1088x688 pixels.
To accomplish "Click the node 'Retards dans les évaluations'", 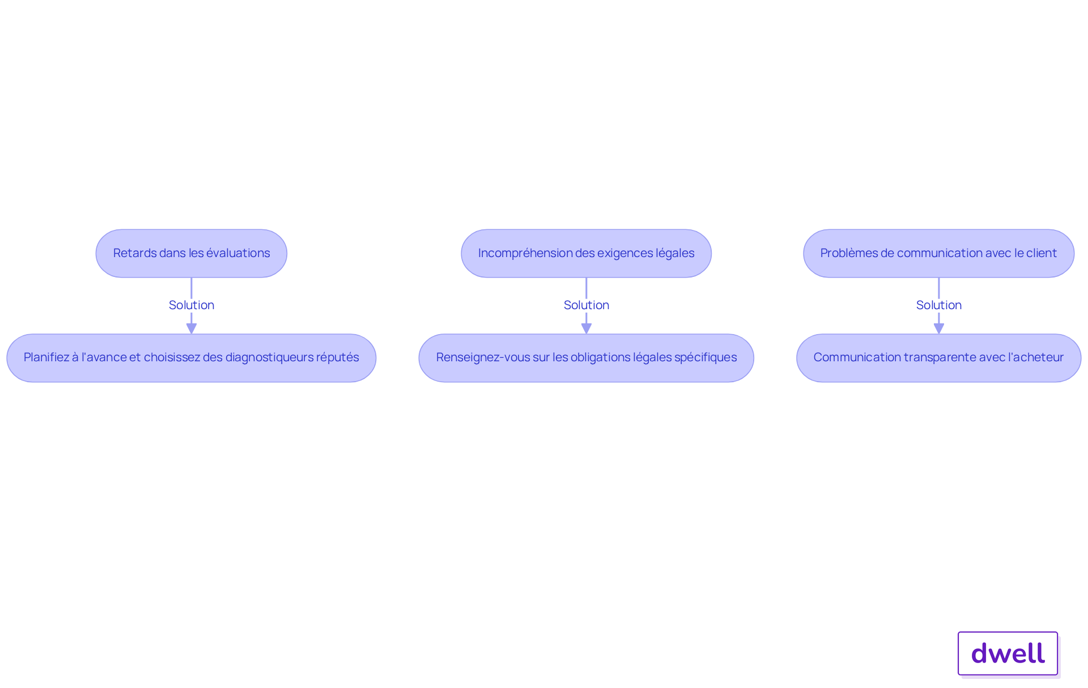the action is [x=192, y=253].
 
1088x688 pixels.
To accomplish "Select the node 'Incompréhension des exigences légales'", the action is [x=586, y=253].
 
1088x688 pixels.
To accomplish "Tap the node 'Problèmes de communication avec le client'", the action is [x=939, y=253].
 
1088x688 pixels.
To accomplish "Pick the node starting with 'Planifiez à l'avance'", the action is [x=192, y=358].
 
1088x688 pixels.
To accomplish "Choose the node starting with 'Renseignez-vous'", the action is [x=586, y=358].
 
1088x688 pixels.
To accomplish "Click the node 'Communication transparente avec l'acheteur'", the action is [x=939, y=358].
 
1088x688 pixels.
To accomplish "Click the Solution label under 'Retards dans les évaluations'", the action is [x=192, y=305].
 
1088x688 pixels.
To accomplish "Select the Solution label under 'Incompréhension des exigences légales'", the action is [x=586, y=305].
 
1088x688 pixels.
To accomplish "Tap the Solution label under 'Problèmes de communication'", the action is [x=939, y=305].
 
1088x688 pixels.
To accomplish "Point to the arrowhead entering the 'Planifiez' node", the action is [x=192, y=329].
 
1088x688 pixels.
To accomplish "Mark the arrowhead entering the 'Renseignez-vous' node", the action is [x=586, y=329].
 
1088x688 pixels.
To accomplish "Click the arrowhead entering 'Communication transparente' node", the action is [x=939, y=329].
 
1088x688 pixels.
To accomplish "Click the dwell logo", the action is [x=1008, y=653].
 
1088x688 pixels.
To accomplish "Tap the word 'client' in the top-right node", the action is [x=1042, y=253].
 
